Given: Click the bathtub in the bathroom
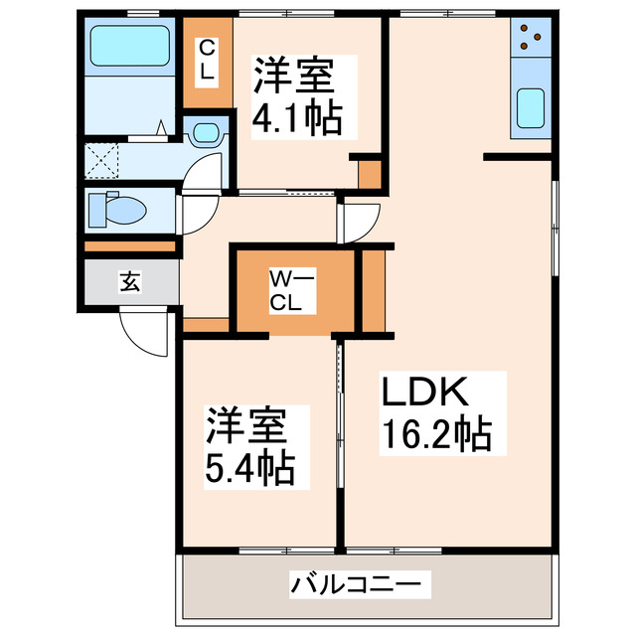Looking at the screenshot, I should click(129, 45).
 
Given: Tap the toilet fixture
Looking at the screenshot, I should click(118, 210).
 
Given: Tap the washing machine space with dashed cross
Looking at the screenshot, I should click(100, 158).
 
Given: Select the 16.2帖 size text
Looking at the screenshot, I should click(433, 434).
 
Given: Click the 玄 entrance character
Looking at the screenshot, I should click(130, 281).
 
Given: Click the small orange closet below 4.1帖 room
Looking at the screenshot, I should click(370, 175).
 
